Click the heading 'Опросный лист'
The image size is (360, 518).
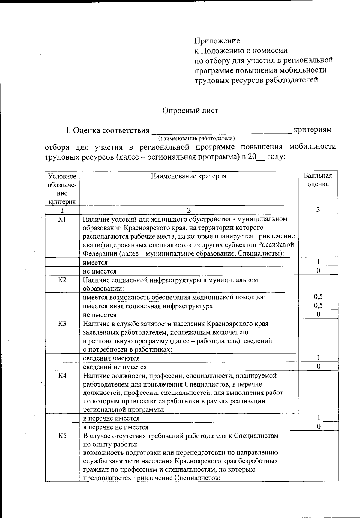click(x=190, y=111)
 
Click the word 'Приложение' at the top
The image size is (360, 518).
click(x=217, y=40)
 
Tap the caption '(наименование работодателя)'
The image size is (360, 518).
click(x=196, y=139)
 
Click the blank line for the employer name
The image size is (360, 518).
click(x=221, y=131)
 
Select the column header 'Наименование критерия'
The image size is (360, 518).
click(x=188, y=176)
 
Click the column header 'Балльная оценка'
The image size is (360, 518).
click(x=318, y=180)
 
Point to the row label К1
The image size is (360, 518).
click(x=62, y=220)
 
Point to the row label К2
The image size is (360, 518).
click(x=62, y=280)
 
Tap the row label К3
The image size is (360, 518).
click(x=62, y=324)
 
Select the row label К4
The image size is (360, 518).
click(x=62, y=376)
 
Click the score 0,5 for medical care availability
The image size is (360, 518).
click(x=318, y=297)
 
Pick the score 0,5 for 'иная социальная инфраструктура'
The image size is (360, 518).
click(x=318, y=306)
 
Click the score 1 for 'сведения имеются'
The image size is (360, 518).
click(x=318, y=358)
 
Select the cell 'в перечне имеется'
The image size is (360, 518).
click(x=111, y=418)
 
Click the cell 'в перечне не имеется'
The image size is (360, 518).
click(x=115, y=427)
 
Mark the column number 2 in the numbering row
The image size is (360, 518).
click(x=188, y=210)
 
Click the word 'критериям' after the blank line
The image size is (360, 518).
click(x=313, y=130)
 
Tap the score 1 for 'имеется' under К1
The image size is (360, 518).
click(x=318, y=262)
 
